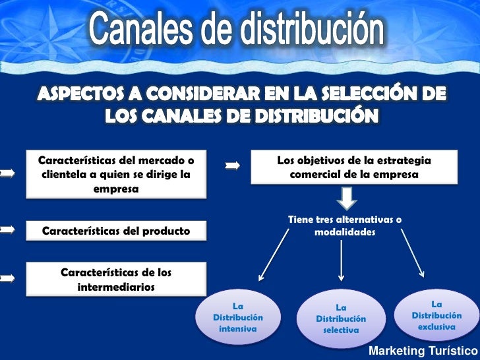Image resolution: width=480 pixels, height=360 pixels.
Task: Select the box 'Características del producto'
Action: [116, 231]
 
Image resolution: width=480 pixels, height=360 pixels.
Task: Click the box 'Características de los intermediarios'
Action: [116, 280]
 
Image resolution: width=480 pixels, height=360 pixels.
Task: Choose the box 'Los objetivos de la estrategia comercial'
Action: [353, 168]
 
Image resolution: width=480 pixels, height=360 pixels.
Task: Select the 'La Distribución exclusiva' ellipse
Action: [436, 315]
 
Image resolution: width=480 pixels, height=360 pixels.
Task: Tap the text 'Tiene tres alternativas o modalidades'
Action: [345, 226]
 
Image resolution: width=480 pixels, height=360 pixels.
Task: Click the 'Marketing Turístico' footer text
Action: [424, 351]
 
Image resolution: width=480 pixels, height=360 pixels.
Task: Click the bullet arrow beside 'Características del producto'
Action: [8, 230]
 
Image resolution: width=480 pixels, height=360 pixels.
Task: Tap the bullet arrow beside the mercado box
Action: [8, 173]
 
